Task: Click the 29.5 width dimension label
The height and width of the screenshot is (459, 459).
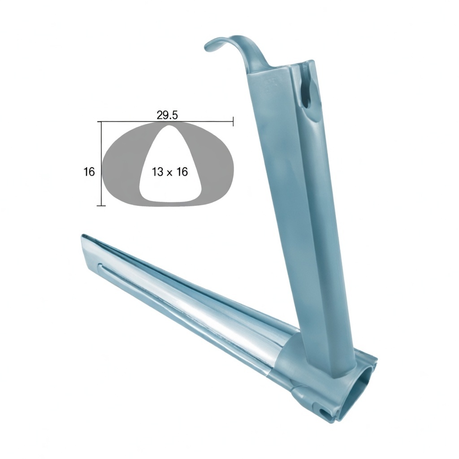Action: tap(167, 115)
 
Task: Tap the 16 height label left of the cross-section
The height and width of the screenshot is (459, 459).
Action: tap(89, 172)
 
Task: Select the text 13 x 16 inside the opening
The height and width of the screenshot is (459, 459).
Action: tap(169, 172)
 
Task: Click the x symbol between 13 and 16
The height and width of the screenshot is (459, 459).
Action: tap(169, 173)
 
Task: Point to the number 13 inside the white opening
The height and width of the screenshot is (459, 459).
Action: tap(157, 172)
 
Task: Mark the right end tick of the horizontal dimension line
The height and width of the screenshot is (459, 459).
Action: tap(233, 121)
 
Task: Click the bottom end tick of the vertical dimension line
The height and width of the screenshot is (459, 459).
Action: tap(101, 205)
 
